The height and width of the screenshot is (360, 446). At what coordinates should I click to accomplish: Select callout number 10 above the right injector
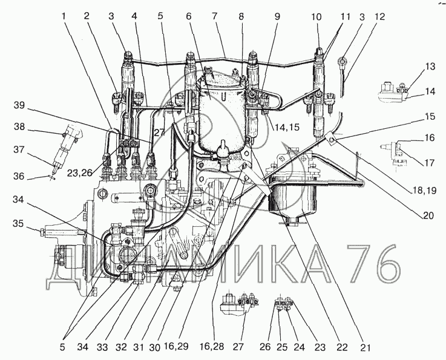(x=316, y=17)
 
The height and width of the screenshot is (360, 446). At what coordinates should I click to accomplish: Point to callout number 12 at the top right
(x=379, y=16)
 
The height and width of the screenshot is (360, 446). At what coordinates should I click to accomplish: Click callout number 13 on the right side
(x=430, y=67)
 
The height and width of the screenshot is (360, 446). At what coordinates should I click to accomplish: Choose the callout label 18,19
(x=424, y=190)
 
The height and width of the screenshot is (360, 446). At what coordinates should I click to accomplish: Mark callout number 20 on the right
(x=428, y=216)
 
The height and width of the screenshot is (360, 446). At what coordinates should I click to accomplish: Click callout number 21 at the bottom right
(x=366, y=347)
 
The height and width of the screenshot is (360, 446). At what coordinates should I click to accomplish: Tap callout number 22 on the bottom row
(x=341, y=347)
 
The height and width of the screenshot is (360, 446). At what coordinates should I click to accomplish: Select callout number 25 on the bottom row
(x=281, y=347)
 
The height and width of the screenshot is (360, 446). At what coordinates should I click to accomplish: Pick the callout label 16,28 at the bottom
(x=212, y=347)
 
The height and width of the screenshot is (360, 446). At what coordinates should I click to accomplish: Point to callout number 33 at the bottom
(x=103, y=347)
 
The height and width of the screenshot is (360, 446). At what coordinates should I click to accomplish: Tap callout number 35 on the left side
(x=19, y=223)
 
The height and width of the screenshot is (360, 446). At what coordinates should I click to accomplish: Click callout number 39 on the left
(x=19, y=105)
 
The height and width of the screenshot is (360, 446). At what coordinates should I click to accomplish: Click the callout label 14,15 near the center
(x=287, y=127)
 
